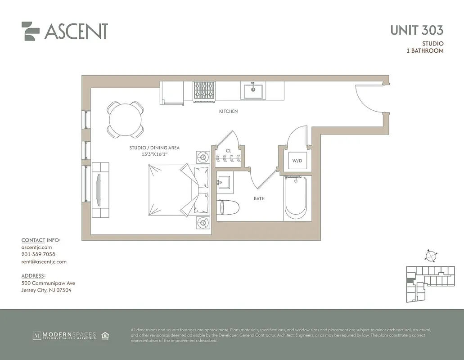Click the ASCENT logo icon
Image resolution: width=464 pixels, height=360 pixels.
pyautogui.click(x=31, y=31)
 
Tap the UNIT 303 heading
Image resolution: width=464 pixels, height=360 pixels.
pyautogui.click(x=416, y=30)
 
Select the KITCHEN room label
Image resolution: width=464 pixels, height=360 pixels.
pyautogui.click(x=228, y=111)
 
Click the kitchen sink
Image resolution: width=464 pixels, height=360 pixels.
pyautogui.click(x=253, y=91)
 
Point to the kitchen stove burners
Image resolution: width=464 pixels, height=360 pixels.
pyautogui.click(x=204, y=91)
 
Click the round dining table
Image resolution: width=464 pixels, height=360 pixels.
pyautogui.click(x=125, y=119)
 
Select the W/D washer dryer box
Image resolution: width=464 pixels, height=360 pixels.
pyautogui.click(x=297, y=160)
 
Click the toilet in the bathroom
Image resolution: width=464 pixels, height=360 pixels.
pyautogui.click(x=228, y=207)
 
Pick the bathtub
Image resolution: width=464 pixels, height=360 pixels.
pyautogui.click(x=296, y=198)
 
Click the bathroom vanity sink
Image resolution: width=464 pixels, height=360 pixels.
pyautogui.click(x=224, y=182)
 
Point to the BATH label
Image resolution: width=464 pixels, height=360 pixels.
pyautogui.click(x=259, y=198)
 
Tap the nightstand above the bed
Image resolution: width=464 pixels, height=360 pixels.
pyautogui.click(x=203, y=157)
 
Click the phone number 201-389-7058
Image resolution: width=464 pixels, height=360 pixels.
pyautogui.click(x=38, y=254)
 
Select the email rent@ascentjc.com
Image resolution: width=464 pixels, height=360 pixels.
pyautogui.click(x=44, y=261)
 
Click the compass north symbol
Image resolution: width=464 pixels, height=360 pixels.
pyautogui.click(x=431, y=256)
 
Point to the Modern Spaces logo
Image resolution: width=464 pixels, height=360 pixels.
pyautogui.click(x=64, y=335)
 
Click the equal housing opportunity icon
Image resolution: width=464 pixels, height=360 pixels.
pyautogui.click(x=105, y=335)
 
